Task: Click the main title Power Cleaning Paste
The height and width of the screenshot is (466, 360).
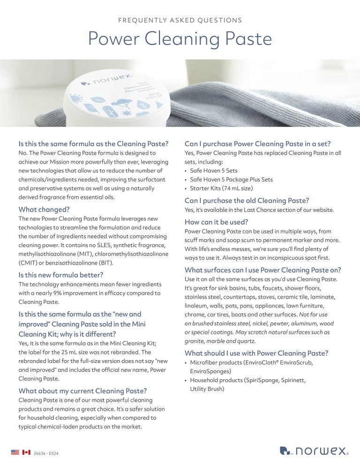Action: click(180, 39)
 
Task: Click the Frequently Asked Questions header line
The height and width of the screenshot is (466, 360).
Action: click(180, 20)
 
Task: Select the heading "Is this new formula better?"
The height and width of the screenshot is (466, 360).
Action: click(60, 275)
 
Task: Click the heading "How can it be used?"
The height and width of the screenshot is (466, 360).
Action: click(216, 222)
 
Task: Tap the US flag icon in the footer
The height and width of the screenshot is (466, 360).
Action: click(15, 452)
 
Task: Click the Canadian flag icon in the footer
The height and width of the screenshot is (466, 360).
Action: click(26, 452)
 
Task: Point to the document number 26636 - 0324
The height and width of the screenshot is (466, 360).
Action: click(46, 453)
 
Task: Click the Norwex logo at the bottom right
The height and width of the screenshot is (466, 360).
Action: click(314, 451)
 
